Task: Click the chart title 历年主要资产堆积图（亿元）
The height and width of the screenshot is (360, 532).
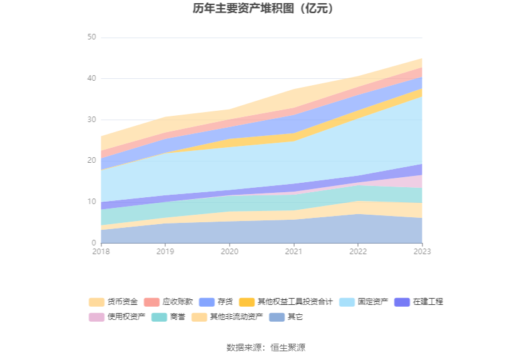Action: [x=265, y=9]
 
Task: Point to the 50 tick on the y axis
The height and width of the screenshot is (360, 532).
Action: [x=91, y=38]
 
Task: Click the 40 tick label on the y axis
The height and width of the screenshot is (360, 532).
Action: [x=91, y=79]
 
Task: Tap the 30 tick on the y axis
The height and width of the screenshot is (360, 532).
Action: [x=91, y=120]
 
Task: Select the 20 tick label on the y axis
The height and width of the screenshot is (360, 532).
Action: [x=91, y=161]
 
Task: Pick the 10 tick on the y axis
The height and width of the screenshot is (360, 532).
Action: [x=91, y=202]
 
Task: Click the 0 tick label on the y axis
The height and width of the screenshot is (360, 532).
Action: [x=94, y=243]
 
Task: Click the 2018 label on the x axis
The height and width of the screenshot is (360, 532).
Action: [x=101, y=251]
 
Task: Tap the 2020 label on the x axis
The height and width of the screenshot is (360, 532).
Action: [x=229, y=251]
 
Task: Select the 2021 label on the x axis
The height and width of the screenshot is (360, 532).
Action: [x=294, y=251]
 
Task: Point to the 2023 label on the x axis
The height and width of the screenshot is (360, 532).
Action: [x=422, y=251]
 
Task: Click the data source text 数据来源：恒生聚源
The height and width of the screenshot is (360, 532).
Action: [x=265, y=347]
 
